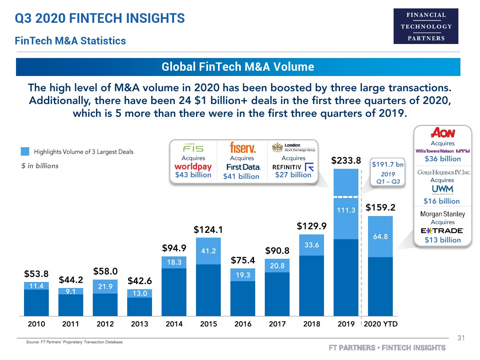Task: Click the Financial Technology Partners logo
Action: (x=426, y=26)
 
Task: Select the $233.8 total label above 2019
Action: (x=346, y=160)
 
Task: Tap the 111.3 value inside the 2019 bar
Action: (x=346, y=210)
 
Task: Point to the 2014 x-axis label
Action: (x=174, y=324)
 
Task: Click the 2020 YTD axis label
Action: (x=381, y=324)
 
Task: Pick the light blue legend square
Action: (x=25, y=152)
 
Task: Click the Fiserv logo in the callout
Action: (x=243, y=148)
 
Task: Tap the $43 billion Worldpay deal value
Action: (x=193, y=175)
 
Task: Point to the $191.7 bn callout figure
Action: (x=388, y=164)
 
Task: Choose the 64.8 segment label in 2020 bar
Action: (x=380, y=236)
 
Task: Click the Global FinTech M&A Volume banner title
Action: (x=238, y=67)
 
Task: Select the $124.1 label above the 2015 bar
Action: (x=208, y=230)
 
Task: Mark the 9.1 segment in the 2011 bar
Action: (x=71, y=292)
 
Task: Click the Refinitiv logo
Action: (x=293, y=167)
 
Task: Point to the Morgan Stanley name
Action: (x=442, y=214)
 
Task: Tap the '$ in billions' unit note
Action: (x=40, y=166)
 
